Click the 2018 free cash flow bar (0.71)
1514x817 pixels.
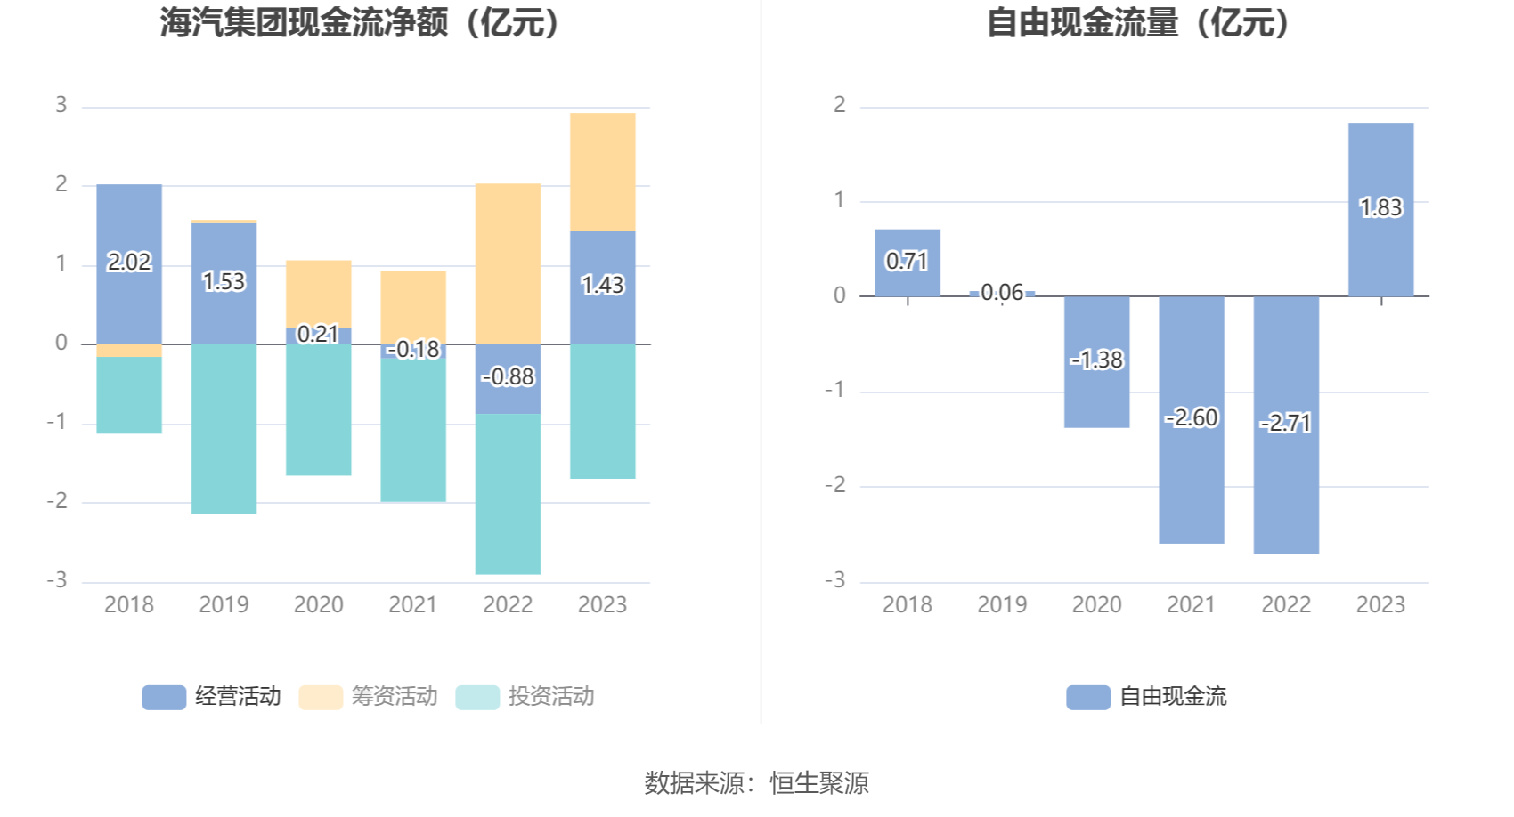tap(907, 263)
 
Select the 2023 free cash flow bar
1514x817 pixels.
tap(1380, 209)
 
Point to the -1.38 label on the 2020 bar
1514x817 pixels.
tap(1096, 360)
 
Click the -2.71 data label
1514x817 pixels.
tap(1285, 423)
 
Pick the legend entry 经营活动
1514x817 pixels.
tap(212, 696)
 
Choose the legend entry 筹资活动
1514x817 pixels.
tap(369, 696)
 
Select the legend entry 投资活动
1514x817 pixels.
tap(525, 696)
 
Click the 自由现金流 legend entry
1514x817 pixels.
tap(1147, 696)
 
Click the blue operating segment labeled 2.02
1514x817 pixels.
tap(129, 263)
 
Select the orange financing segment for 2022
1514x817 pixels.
tap(508, 263)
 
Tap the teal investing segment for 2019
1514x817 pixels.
tap(224, 428)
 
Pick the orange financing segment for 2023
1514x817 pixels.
tap(602, 172)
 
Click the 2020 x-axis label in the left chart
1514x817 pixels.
tap(318, 605)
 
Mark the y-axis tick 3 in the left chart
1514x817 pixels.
tap(61, 105)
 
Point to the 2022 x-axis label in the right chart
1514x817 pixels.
tap(1285, 605)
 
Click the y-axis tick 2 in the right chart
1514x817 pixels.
tap(839, 105)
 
